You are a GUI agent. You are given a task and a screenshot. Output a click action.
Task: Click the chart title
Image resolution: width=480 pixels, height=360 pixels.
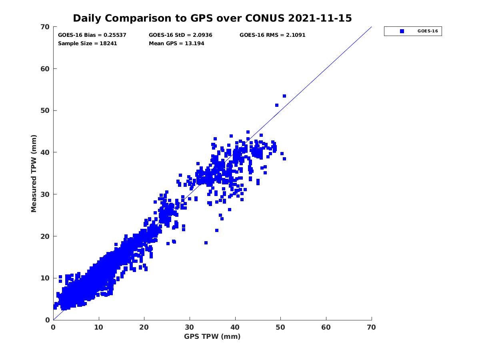[212, 18]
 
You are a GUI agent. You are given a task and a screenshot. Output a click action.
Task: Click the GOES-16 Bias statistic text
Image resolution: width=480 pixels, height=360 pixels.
[92, 35]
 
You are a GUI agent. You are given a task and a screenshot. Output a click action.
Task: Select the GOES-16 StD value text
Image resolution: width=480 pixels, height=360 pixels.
[180, 35]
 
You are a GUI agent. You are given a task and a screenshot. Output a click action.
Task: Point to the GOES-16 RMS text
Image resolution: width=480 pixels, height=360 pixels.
[272, 35]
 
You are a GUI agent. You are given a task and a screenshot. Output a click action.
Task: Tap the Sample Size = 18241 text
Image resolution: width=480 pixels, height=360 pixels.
[88, 44]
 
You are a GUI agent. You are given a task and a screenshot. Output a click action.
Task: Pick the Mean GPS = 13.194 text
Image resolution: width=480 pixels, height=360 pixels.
[176, 44]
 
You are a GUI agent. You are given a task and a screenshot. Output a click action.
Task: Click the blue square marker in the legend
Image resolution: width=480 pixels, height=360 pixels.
[402, 31]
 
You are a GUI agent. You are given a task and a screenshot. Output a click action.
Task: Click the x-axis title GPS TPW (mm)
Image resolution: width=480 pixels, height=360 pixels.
[212, 336]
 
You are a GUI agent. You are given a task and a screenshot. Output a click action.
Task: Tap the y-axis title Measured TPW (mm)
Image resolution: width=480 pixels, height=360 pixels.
[34, 173]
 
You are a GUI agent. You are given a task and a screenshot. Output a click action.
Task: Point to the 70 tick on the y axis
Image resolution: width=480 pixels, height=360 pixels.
[45, 27]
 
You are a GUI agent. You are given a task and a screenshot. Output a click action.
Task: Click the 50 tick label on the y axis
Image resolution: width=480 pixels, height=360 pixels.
[45, 111]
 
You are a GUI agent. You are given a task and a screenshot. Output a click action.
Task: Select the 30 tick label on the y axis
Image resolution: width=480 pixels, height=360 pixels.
[45, 194]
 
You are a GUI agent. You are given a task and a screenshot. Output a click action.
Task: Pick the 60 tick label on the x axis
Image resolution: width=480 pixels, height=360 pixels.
[326, 328]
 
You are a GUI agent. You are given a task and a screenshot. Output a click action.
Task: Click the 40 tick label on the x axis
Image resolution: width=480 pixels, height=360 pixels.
[235, 328]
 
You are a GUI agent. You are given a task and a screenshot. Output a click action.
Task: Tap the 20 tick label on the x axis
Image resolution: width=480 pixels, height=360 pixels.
[144, 328]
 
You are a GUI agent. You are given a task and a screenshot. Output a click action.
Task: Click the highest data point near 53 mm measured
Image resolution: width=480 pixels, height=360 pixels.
[284, 96]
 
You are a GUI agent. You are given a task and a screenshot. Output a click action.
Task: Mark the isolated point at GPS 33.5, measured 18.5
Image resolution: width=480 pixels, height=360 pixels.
[206, 243]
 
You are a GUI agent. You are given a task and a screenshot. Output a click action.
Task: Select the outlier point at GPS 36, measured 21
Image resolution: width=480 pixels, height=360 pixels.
[217, 230]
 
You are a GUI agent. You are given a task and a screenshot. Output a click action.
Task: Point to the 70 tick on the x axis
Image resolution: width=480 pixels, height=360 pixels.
[372, 328]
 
